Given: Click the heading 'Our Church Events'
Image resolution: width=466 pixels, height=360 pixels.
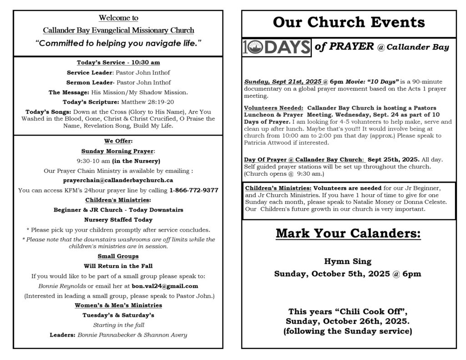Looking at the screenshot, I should coord(349,22).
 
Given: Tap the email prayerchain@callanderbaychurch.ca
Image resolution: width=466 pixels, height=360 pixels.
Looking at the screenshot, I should coord(118,180).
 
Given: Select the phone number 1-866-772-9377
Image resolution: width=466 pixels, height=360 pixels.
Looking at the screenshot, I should coord(193,190).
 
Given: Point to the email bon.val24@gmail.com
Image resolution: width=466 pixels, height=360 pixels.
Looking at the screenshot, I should coord(165,286).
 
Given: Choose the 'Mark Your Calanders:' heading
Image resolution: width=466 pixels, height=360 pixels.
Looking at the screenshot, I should coord(348,234).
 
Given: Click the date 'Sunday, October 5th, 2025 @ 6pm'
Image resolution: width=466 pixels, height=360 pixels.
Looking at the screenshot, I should coord(348,274).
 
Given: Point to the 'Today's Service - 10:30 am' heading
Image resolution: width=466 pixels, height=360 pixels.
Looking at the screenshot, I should coord(118,62).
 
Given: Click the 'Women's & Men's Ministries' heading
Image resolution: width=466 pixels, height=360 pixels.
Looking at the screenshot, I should coord(118,305).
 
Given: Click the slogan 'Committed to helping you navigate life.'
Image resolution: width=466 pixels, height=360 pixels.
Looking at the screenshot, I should coord(118,44).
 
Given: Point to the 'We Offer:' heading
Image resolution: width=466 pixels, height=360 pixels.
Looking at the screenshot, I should coord(118,141).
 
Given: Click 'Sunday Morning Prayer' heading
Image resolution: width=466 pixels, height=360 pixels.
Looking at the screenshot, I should coord(118,151).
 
